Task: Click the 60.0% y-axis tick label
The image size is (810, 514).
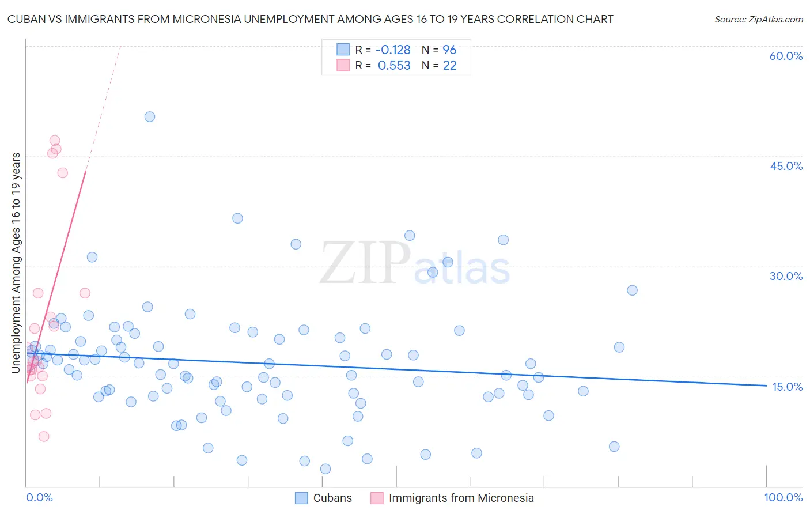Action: pyautogui.click(x=786, y=56)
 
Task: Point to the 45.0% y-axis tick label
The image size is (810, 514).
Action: pyautogui.click(x=786, y=166)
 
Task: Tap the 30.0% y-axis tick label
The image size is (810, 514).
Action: pyautogui.click(x=786, y=276)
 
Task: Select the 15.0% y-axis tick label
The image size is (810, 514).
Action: pyautogui.click(x=787, y=387)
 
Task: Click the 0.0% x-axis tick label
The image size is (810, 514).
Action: pyautogui.click(x=39, y=497)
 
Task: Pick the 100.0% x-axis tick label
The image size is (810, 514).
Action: pyautogui.click(x=783, y=497)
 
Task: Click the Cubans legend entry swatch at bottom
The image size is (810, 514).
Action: pyautogui.click(x=301, y=498)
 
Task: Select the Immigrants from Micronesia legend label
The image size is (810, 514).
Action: pyautogui.click(x=461, y=498)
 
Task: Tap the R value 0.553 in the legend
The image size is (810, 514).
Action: pyautogui.click(x=394, y=65)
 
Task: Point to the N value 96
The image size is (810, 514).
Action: pyautogui.click(x=449, y=50)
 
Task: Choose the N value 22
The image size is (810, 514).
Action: pyautogui.click(x=449, y=65)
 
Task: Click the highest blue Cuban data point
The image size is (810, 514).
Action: pyautogui.click(x=150, y=116)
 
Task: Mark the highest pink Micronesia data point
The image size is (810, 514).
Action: pyautogui.click(x=55, y=140)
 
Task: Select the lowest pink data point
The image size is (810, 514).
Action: pyautogui.click(x=44, y=436)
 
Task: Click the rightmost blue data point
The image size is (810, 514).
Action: pyautogui.click(x=632, y=290)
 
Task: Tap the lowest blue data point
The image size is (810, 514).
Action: pyautogui.click(x=325, y=469)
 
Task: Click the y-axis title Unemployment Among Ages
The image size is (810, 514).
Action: pyautogui.click(x=16, y=262)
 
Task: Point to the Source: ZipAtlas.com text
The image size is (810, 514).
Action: pyautogui.click(x=758, y=19)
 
